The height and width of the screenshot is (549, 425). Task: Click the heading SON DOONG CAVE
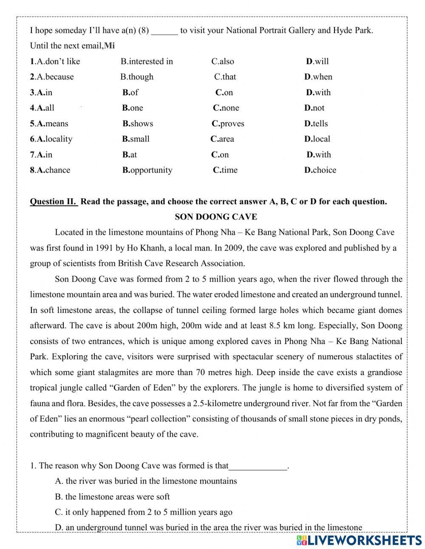coord(216,217)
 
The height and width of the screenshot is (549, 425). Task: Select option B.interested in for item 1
coord(147,61)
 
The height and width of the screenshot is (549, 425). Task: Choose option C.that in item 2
coord(225,77)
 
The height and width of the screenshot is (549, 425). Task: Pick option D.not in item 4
coord(314,108)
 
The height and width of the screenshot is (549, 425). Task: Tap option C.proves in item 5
coord(228,124)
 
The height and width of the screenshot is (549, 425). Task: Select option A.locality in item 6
coord(51,139)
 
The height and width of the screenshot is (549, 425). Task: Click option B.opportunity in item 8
coord(147,170)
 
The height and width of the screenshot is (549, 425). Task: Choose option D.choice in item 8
coord(320,170)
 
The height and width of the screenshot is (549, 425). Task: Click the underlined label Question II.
coord(53,202)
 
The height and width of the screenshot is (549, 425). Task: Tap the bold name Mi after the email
coord(109,46)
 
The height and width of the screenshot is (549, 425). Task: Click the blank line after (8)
coord(164,31)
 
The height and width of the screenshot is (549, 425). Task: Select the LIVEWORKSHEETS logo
coord(359,540)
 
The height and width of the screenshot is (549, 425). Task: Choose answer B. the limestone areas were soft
coord(112,497)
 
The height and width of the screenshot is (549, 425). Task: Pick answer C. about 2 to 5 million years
coord(144,512)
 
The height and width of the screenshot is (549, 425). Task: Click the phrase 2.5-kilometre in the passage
coord(216,404)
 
